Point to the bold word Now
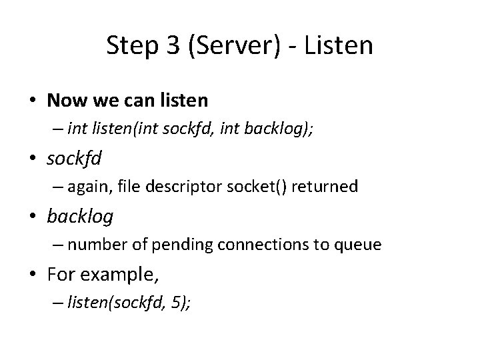pos(65,101)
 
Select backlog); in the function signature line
pos(287,129)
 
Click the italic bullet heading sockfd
pos(74,159)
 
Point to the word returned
pos(325,187)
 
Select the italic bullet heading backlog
pos(80,216)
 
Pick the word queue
pos(359,245)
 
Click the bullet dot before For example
pos(33,274)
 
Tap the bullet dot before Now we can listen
pos(33,101)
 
